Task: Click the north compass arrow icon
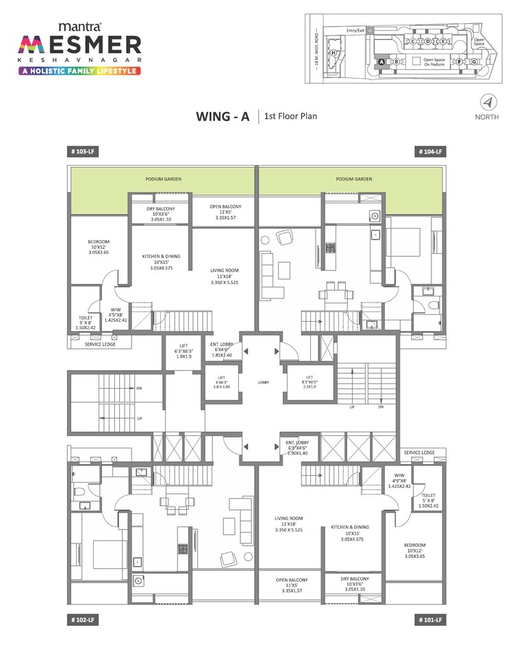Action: (487, 103)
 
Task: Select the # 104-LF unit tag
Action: (431, 152)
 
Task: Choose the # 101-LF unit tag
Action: (431, 620)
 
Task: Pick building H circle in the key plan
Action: (333, 53)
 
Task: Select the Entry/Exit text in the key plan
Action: (356, 30)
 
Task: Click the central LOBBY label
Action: (263, 381)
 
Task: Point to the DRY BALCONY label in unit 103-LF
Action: (161, 214)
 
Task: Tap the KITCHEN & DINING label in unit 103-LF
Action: (161, 261)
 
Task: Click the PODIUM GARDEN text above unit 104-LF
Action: (353, 179)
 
